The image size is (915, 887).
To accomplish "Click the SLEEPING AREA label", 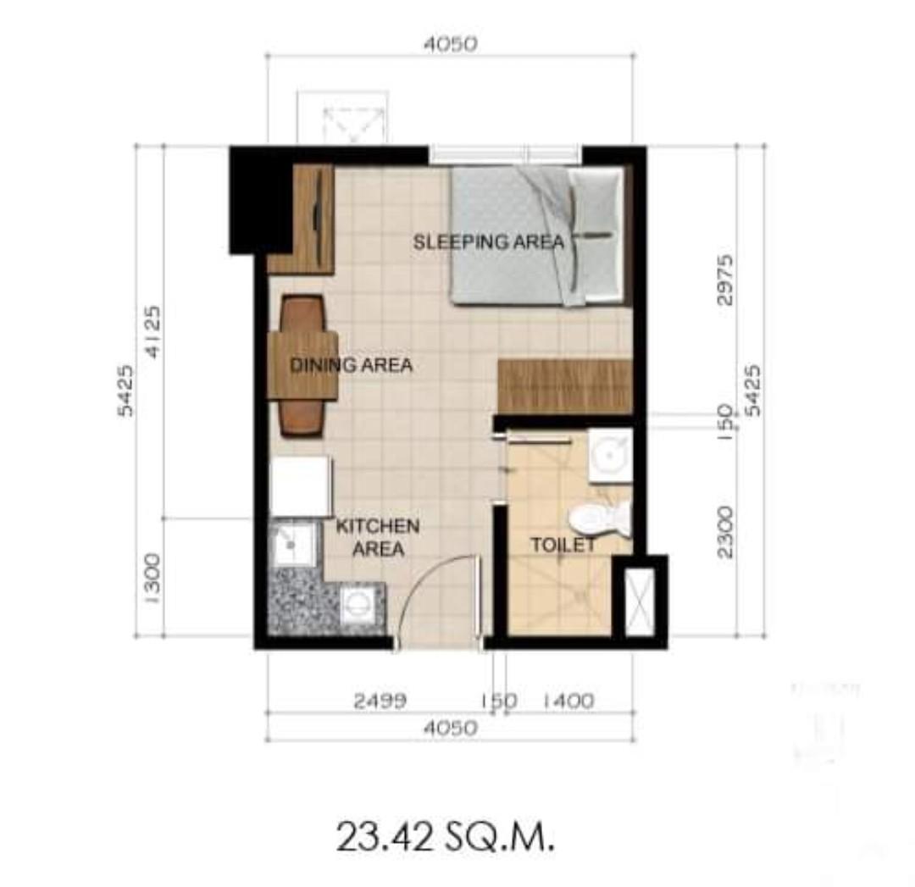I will [488, 242].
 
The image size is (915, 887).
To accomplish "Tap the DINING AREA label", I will [351, 366].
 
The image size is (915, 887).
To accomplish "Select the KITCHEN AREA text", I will [377, 537].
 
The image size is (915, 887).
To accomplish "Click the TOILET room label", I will [563, 546].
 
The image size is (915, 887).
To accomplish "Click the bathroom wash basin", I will [611, 456].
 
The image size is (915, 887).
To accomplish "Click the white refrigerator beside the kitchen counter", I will [300, 486].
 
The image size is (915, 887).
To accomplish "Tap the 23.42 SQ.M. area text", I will [446, 838].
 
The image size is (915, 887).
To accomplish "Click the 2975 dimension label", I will [725, 279].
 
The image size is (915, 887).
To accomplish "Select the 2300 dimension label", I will [725, 531].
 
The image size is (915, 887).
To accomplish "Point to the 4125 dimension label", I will [152, 331].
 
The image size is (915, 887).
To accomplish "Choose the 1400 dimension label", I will [567, 701].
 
